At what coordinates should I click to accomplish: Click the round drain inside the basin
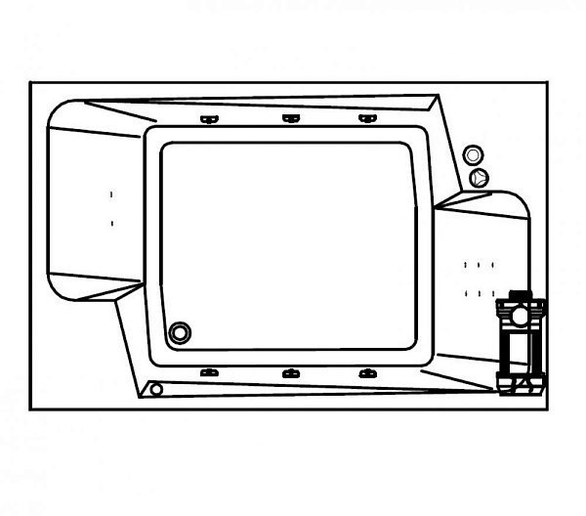[x=180, y=332]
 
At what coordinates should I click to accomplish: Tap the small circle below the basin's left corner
[x=156, y=389]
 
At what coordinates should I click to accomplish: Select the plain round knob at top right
[x=473, y=155]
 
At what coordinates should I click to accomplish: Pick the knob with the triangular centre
[x=478, y=178]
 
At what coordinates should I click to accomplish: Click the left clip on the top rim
[x=208, y=119]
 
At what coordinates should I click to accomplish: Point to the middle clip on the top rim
[x=290, y=119]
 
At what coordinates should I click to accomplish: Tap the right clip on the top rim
[x=367, y=119]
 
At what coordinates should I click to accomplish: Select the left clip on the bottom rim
[x=208, y=373]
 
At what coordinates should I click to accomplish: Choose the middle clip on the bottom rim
[x=290, y=373]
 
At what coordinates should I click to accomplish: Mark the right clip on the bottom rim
[x=367, y=373]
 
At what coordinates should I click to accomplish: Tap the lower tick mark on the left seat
[x=112, y=223]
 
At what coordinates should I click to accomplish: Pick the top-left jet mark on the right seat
[x=466, y=265]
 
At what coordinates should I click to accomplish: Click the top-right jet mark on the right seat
[x=492, y=265]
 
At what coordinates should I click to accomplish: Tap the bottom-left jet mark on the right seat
[x=466, y=292]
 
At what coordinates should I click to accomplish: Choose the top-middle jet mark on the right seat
[x=479, y=265]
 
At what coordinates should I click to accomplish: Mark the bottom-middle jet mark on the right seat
[x=481, y=292]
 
